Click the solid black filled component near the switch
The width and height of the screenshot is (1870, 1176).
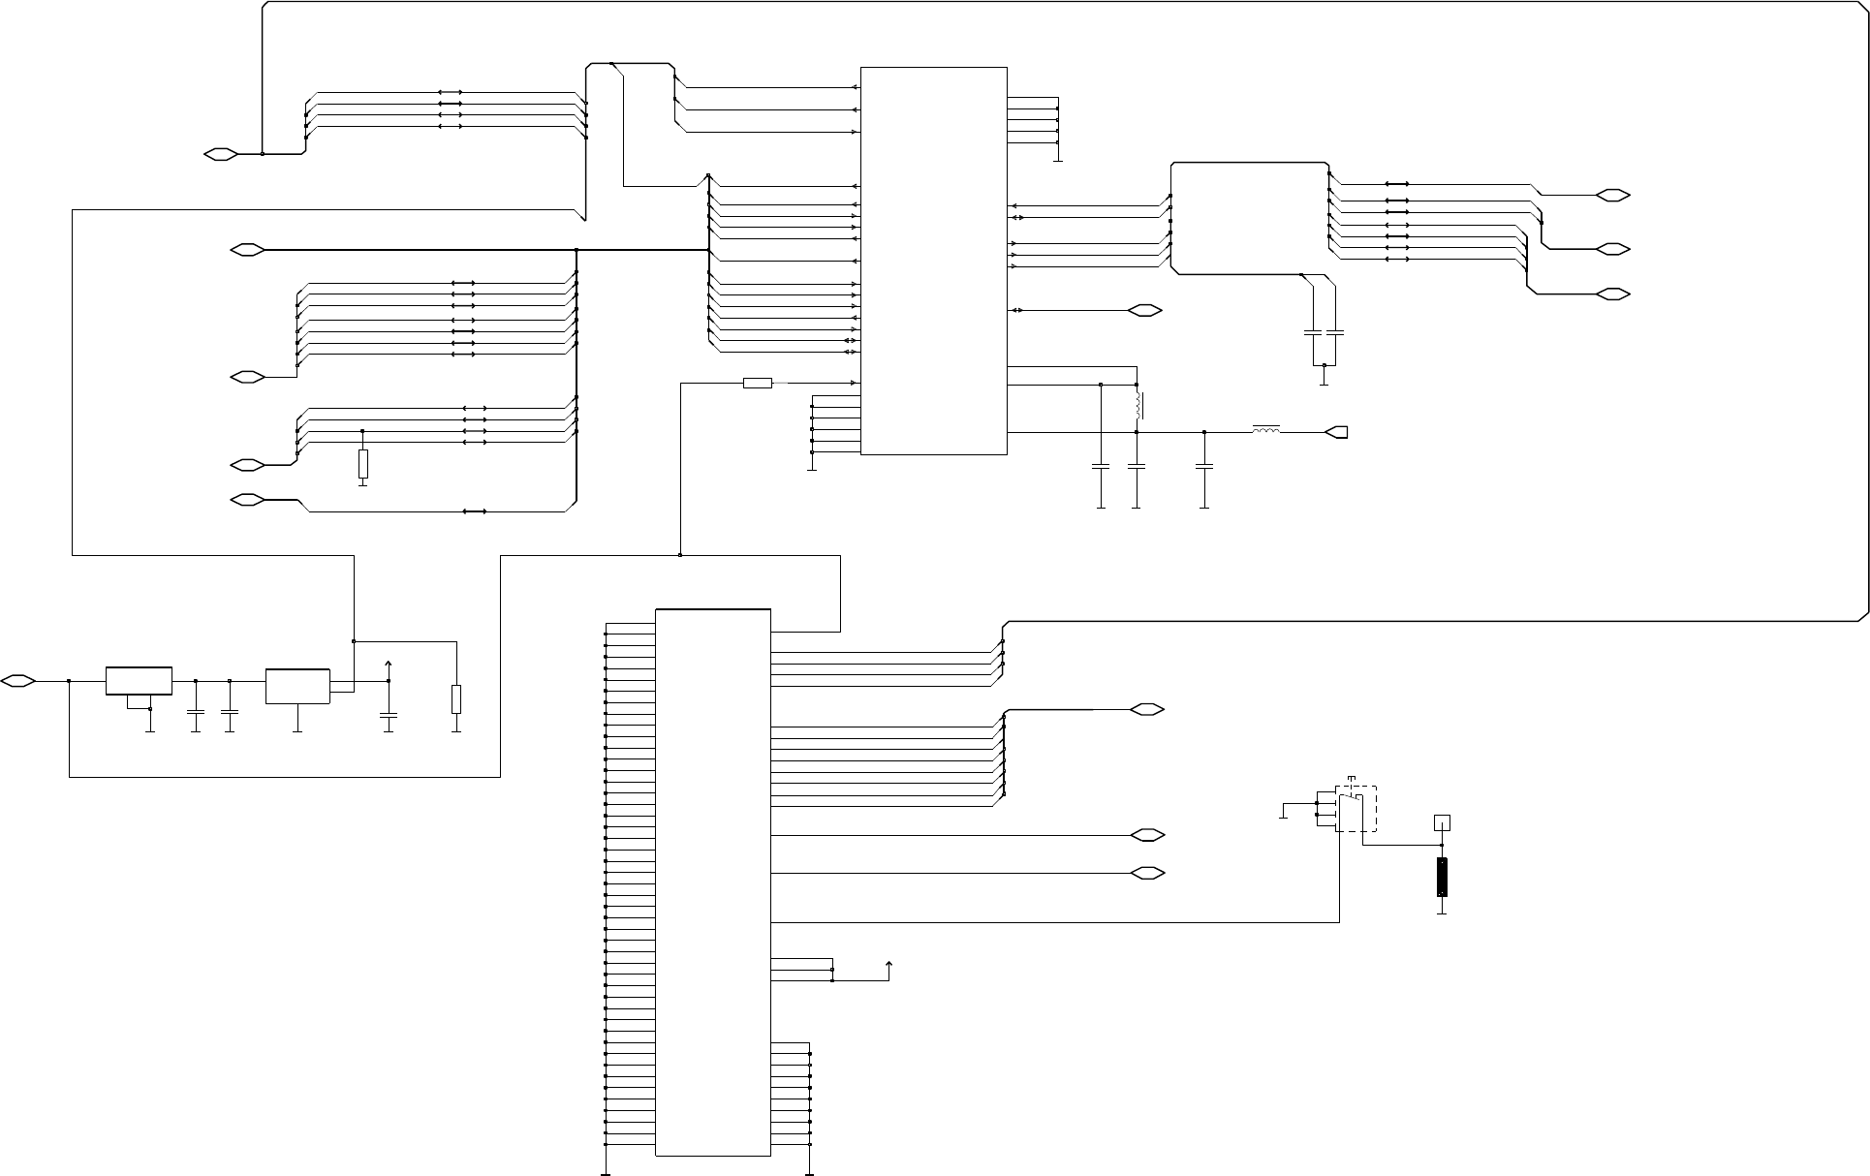coord(1442,877)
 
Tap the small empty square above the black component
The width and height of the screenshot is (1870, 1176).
coord(1442,823)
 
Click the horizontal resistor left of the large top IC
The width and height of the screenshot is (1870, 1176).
coord(758,384)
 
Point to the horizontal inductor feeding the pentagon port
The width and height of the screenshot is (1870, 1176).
coord(1266,430)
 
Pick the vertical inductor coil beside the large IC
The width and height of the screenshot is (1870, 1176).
coord(1138,406)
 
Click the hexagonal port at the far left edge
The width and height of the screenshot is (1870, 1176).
coord(18,681)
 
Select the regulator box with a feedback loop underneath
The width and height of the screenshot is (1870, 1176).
coord(139,681)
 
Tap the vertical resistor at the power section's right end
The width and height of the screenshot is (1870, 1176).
coord(456,699)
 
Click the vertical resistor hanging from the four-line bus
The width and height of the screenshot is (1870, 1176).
coord(363,464)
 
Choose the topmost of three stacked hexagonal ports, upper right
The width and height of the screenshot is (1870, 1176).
coord(1612,196)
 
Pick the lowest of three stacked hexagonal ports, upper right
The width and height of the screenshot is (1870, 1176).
coord(1612,294)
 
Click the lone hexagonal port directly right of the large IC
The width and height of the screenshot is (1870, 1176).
coord(1146,311)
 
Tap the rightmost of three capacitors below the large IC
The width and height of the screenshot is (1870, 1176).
coord(1204,467)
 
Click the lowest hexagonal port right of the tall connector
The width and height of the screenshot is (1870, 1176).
coord(1146,874)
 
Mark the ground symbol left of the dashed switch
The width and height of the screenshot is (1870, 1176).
coord(1283,817)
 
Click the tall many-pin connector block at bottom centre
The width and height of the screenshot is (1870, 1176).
coord(713,882)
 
